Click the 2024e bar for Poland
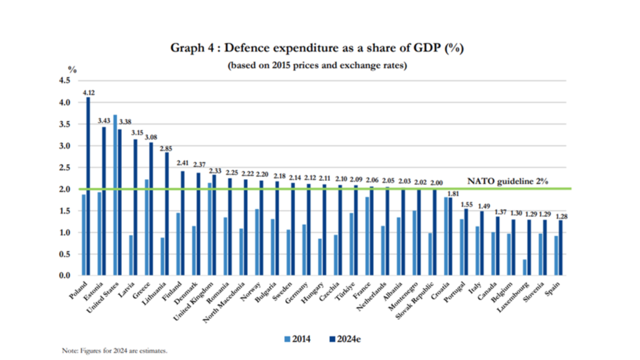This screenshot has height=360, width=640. (88, 187)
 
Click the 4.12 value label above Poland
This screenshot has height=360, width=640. (88, 92)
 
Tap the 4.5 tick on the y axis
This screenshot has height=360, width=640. (65, 81)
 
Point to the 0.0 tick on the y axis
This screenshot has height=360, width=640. (65, 276)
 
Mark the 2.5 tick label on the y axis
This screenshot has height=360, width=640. (65, 167)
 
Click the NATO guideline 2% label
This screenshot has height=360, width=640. (508, 181)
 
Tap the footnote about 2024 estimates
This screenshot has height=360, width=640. (115, 350)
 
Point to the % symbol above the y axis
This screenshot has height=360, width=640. (72, 69)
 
